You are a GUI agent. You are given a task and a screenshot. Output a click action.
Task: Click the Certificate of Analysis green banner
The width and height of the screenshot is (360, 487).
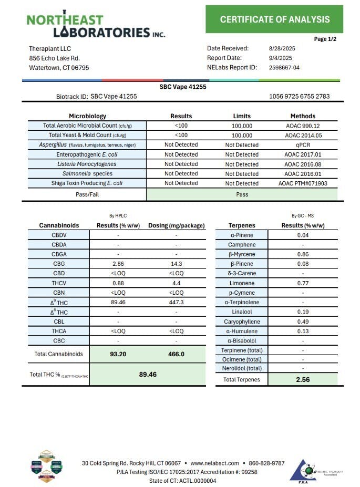(274, 19)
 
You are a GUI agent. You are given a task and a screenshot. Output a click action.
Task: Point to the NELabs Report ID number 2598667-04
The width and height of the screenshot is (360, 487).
(283, 67)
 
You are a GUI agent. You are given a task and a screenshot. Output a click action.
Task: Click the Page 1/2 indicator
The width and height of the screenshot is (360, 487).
(325, 39)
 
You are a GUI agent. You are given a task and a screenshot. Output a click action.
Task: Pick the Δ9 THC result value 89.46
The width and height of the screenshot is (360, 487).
(118, 302)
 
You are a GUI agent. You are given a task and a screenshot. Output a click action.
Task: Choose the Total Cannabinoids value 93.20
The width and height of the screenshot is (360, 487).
(118, 354)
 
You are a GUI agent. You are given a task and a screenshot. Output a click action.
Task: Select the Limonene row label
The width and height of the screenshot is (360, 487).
(242, 283)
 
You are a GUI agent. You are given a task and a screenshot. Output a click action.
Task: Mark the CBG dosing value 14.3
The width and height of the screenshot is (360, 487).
(176, 264)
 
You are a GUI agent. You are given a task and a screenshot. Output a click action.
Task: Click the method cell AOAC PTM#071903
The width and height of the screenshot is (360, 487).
(303, 183)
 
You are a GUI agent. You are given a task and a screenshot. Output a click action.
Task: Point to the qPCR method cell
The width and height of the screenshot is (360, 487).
(303, 145)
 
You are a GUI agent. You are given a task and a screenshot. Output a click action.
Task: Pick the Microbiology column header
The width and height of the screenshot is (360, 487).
(87, 116)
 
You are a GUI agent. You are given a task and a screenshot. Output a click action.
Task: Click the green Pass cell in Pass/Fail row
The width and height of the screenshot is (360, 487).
(242, 194)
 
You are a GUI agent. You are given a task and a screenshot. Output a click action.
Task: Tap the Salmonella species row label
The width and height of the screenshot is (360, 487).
(87, 174)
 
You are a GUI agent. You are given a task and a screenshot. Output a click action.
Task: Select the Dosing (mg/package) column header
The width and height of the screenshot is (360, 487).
(176, 225)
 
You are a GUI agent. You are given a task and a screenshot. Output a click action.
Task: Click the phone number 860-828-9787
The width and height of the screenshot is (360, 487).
(267, 463)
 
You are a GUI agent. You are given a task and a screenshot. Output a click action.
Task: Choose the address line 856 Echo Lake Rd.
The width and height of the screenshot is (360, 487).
(54, 58)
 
